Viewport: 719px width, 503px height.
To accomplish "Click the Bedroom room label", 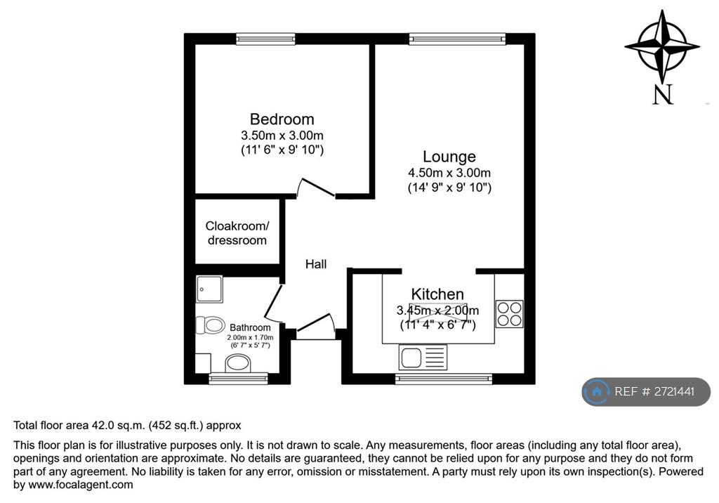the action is [x=282, y=119].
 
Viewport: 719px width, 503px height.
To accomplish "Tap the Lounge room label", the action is [x=449, y=157].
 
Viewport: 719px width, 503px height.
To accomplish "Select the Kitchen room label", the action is [x=437, y=294].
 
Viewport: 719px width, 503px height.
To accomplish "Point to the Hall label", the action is [x=316, y=264].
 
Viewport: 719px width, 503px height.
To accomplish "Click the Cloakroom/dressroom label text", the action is [x=237, y=233].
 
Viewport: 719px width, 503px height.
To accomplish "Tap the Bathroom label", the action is [x=250, y=327].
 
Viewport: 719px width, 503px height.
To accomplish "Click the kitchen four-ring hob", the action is [x=510, y=314].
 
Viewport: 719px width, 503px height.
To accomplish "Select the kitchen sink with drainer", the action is [x=423, y=357].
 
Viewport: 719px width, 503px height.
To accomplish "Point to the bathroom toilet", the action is [x=211, y=325].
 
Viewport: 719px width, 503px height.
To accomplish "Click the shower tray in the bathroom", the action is [x=209, y=289].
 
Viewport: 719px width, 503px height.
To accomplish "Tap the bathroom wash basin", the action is [x=237, y=364].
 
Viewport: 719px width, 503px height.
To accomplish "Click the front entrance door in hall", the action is [x=315, y=322].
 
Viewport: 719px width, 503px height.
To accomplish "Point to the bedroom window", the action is [x=265, y=39].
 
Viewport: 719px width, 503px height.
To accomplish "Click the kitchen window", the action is [x=444, y=379].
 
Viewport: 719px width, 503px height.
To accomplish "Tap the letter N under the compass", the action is [x=663, y=95].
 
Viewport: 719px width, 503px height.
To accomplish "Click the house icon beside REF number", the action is [x=597, y=391].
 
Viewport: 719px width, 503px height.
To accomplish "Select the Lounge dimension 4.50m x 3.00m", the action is [x=449, y=173].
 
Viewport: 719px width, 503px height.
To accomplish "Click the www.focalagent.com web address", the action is [x=81, y=485].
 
